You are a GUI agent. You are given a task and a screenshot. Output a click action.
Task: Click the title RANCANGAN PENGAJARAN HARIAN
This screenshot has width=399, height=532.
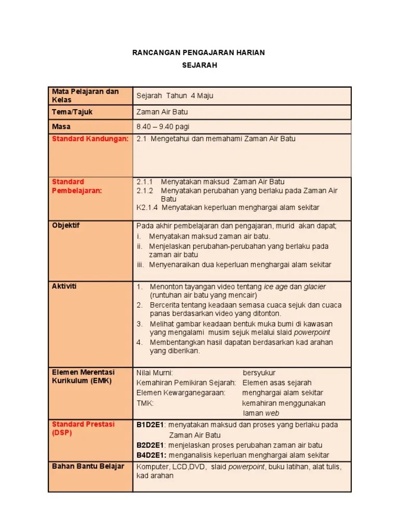[199, 53]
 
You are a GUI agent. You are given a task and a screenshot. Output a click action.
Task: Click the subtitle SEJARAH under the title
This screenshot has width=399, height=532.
[199, 65]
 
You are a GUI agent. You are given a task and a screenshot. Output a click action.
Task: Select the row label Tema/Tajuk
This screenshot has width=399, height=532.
[72, 112]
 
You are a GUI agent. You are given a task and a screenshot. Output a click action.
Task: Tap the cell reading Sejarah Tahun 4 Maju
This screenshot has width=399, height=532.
[175, 96]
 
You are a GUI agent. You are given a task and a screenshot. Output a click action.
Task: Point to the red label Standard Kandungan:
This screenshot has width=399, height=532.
[90, 139]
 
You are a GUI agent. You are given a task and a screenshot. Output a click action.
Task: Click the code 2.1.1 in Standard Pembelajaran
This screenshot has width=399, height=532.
[144, 182]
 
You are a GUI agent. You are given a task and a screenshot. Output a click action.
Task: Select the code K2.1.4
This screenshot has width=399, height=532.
[147, 207]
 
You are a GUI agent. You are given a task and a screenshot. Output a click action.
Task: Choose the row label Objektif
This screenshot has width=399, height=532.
[66, 225]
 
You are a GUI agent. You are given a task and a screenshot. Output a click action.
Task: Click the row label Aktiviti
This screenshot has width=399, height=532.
[64, 286]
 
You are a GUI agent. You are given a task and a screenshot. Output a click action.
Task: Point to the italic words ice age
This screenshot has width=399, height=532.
[275, 287]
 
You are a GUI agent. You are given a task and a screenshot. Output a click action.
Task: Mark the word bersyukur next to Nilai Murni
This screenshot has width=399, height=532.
[259, 373]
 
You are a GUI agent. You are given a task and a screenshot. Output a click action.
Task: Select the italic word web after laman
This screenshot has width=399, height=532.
[272, 413]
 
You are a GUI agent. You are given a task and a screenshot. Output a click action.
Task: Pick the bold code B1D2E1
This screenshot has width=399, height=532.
[151, 425]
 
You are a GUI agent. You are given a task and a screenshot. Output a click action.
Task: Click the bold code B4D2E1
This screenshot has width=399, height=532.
[151, 455]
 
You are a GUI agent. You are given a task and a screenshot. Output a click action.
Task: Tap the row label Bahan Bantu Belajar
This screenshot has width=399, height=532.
[88, 466]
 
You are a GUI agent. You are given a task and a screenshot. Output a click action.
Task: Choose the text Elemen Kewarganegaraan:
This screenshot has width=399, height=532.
[181, 393]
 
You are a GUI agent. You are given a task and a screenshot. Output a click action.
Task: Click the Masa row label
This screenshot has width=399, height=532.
[61, 126]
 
